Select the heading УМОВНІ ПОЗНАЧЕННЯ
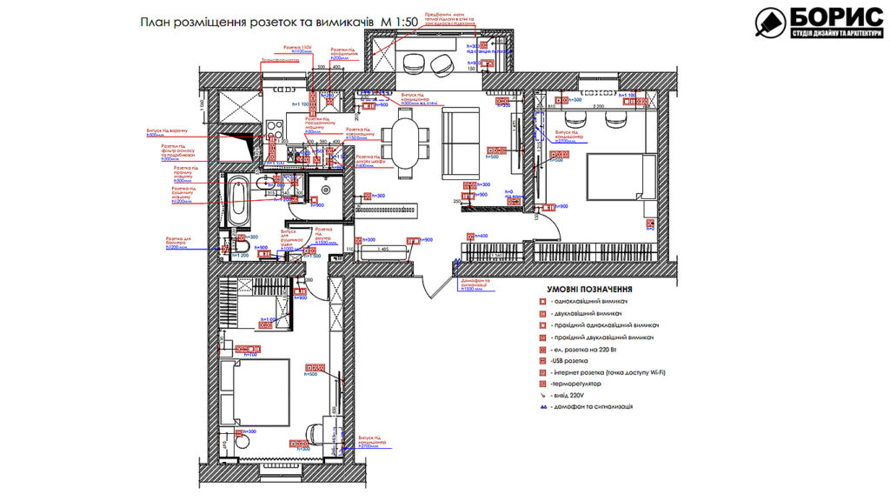(x=588, y=289)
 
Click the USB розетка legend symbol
(x=541, y=360)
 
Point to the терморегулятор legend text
(x=579, y=383)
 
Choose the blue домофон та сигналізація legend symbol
(x=541, y=406)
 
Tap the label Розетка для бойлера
(x=183, y=244)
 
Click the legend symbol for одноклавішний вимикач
(x=541, y=301)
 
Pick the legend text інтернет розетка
(x=609, y=371)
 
